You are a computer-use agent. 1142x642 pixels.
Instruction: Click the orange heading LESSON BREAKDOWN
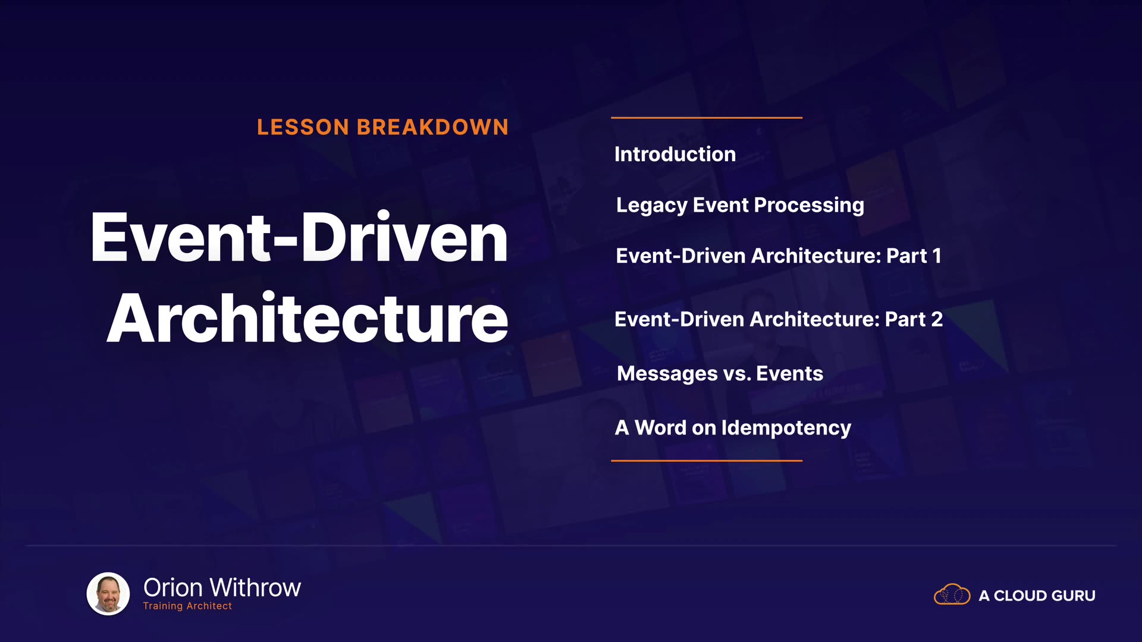[382, 127]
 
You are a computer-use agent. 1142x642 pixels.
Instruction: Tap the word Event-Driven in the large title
[299, 237]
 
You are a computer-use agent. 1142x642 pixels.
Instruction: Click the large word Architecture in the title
[308, 318]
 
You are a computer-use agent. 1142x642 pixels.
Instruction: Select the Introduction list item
[675, 155]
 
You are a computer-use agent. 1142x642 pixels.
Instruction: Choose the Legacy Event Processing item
[740, 206]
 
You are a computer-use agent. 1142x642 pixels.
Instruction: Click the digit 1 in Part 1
[937, 256]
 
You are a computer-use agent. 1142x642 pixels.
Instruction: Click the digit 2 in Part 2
[937, 319]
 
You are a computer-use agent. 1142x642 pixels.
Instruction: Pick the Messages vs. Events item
[720, 374]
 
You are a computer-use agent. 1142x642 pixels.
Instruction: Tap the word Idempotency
[786, 428]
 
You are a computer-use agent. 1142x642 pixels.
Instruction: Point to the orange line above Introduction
[707, 118]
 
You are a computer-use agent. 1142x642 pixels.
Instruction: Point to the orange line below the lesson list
[707, 461]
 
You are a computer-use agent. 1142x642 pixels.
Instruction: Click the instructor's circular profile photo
[108, 593]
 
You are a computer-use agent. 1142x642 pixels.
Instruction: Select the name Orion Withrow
[222, 588]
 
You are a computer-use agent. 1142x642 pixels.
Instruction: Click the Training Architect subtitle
[187, 606]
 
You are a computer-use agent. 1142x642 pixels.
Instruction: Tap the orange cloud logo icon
[952, 594]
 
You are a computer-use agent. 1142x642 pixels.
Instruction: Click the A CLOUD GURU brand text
[1037, 596]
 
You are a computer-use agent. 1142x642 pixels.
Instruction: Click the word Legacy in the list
[652, 206]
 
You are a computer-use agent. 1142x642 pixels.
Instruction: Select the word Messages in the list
[667, 374]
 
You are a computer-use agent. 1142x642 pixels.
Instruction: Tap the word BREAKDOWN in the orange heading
[432, 127]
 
